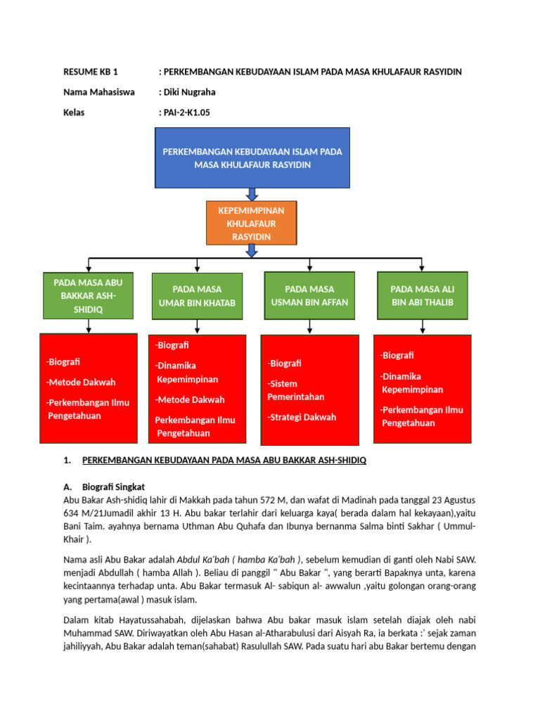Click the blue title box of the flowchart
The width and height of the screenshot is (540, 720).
(x=251, y=158)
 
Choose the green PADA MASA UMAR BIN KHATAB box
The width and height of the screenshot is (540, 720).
(x=197, y=296)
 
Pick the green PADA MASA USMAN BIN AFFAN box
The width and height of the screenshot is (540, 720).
(x=309, y=296)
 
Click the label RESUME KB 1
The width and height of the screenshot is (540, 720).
(x=91, y=72)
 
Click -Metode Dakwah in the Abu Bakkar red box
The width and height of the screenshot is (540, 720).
(x=81, y=382)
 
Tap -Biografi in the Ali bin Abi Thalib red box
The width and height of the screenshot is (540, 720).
(x=397, y=355)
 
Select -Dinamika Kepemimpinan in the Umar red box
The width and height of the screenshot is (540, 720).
(x=186, y=372)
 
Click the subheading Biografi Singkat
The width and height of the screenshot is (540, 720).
(x=113, y=487)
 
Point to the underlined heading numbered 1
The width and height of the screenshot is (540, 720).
(x=224, y=461)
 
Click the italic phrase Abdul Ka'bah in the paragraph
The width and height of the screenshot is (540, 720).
(x=207, y=560)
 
